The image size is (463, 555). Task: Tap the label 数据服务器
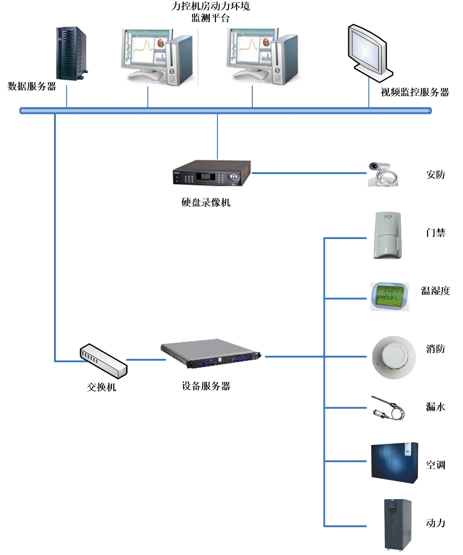[x=32, y=87]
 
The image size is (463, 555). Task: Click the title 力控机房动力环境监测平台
[x=210, y=12]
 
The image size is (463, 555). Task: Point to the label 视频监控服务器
[x=415, y=92]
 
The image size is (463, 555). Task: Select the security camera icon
[x=383, y=174]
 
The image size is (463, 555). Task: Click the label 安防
[x=435, y=174]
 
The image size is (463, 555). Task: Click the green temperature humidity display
[x=389, y=296]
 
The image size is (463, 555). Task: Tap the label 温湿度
[x=435, y=291]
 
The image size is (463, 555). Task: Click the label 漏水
[x=435, y=407]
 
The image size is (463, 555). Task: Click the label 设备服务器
[x=206, y=386]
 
